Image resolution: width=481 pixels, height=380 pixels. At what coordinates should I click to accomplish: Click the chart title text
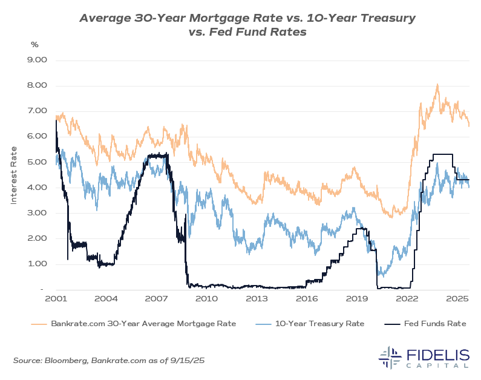click(247, 25)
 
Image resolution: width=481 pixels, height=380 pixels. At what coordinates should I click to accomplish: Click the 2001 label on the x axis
click(56, 299)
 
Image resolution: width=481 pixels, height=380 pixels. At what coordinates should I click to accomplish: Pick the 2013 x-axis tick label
click(257, 299)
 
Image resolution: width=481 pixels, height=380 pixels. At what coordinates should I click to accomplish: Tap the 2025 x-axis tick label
click(458, 299)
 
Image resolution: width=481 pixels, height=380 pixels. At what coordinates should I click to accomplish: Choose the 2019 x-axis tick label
click(357, 299)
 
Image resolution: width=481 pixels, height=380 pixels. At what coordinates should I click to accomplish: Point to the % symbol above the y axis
click(34, 44)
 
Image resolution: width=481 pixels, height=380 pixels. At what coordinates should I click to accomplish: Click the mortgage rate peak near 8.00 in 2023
click(437, 85)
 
